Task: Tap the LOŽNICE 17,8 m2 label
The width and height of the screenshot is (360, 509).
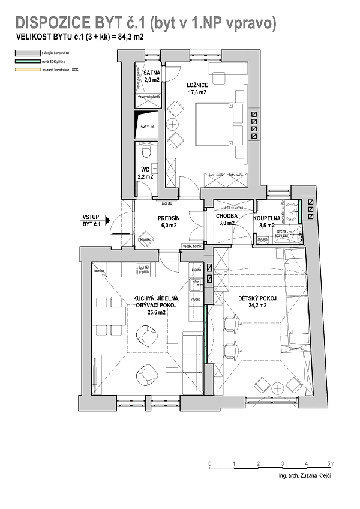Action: [197, 88]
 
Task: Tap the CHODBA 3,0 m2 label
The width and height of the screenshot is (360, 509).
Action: [227, 220]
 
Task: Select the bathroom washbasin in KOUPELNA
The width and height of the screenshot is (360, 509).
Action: [292, 211]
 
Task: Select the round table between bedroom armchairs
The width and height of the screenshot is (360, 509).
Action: [173, 125]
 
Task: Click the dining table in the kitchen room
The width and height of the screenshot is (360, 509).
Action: [110, 315]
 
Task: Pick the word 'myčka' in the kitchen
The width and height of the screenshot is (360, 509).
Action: [196, 298]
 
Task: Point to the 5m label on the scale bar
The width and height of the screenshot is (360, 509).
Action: [331, 464]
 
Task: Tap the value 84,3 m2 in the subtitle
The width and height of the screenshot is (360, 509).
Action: [128, 37]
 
